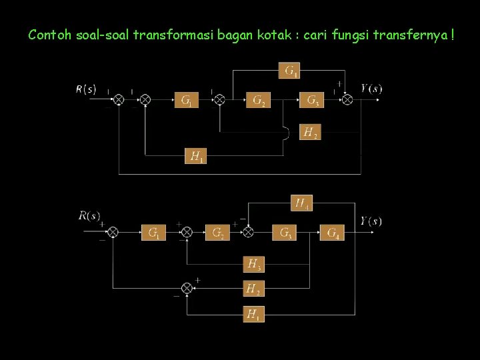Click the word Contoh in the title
(45, 35)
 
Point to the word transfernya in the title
(415, 35)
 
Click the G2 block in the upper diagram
(259, 100)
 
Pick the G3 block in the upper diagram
(312, 100)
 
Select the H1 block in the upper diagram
(196, 156)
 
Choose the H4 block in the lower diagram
(302, 202)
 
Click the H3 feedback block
(253, 264)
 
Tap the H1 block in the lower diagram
(253, 313)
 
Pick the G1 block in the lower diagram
(153, 232)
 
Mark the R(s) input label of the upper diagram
(85, 89)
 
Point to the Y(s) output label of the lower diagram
(371, 221)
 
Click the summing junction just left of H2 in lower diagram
(187, 288)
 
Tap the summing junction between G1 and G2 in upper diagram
(219, 100)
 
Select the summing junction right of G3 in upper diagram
(347, 100)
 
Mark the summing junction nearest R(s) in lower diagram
(113, 232)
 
